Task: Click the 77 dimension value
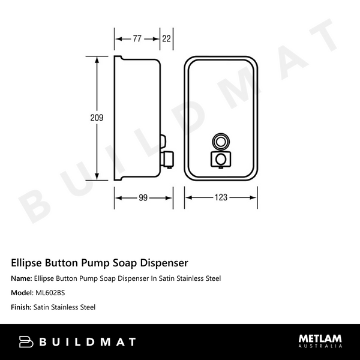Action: pos(137,39)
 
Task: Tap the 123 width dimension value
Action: pos(221,198)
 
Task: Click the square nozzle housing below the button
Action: pos(221,159)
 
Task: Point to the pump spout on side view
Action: pos(168,159)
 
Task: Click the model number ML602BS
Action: pos(50,293)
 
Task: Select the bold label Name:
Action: pos(22,278)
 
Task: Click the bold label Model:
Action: pos(23,293)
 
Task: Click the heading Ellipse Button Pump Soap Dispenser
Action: pos(100,263)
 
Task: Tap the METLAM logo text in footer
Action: pos(320,339)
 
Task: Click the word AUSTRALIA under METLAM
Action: pos(320,347)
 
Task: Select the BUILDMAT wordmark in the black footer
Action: pos(88,342)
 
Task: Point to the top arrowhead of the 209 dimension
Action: pos(97,60)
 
